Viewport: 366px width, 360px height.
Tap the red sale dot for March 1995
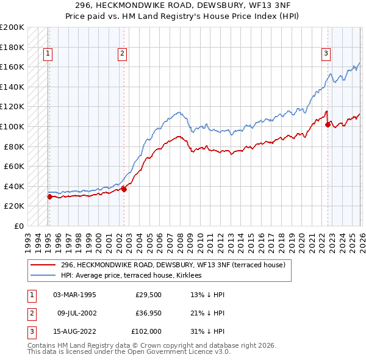click(x=49, y=196)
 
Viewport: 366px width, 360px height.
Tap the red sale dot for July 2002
click(x=124, y=189)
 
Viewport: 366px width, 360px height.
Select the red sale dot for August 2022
click(x=328, y=124)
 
